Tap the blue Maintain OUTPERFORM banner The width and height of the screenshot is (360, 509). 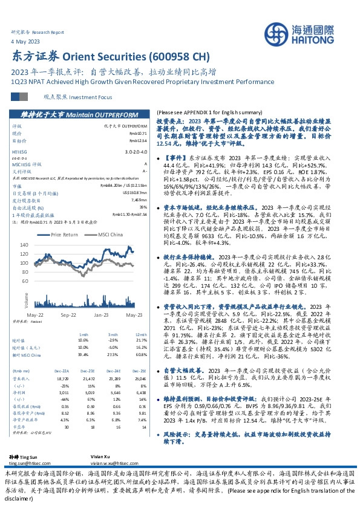pyautogui.click(x=75, y=114)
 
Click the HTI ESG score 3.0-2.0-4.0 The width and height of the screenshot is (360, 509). pyautogui.click(x=134, y=152)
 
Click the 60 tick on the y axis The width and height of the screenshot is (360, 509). pyautogui.click(x=42, y=282)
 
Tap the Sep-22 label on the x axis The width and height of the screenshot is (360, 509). pyautogui.click(x=68, y=316)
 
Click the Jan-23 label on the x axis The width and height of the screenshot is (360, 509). pyautogui.click(x=100, y=316)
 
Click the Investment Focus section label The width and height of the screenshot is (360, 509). pyautogui.click(x=70, y=97)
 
